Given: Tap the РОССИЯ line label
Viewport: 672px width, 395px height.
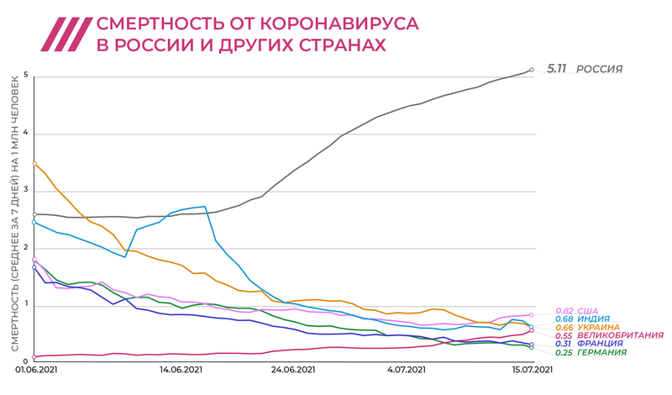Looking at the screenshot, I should coord(599,69).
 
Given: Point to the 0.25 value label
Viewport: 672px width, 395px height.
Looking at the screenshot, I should coord(563,353).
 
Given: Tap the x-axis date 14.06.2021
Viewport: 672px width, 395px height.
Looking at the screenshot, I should coord(181,369).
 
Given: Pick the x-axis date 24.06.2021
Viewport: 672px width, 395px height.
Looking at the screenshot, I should coord(292,369).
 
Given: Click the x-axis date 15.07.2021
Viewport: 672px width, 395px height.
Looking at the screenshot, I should coord(533,369).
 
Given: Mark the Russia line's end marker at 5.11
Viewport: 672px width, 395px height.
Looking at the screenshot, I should coord(532,70).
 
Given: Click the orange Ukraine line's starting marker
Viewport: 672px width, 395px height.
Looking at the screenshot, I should coord(34,163).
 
